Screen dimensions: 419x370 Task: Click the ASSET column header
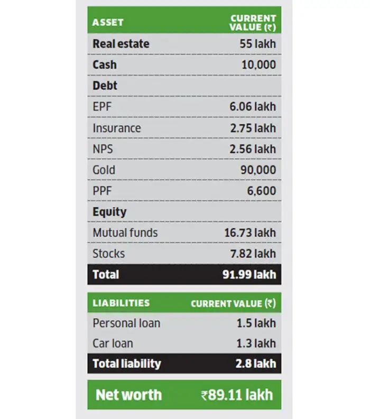point(108,22)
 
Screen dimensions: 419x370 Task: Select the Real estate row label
point(121,44)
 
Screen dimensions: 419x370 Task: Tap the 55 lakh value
point(257,44)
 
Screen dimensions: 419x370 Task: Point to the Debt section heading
point(105,86)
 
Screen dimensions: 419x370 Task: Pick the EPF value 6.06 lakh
point(253,107)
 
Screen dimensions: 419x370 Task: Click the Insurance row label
point(117,128)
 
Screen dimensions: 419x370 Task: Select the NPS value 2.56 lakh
point(253,149)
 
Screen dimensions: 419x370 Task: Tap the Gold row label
point(104,170)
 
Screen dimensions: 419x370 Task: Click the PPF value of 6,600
point(262,191)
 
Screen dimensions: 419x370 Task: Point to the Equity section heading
point(109,212)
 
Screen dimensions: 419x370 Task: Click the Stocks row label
point(109,254)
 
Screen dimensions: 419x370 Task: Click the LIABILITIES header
point(121,303)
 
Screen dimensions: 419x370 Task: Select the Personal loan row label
point(126,323)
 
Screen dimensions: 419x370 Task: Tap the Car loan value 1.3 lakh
point(256,343)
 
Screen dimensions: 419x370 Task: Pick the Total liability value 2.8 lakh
point(256,364)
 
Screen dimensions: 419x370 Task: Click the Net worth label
point(128,395)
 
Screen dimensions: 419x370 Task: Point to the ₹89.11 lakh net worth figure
point(237,395)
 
